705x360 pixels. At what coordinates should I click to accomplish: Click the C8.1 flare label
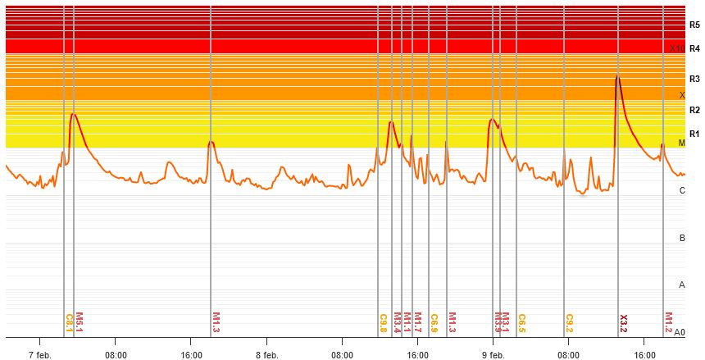tap(69, 321)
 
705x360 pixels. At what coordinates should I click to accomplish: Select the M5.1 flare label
tap(80, 321)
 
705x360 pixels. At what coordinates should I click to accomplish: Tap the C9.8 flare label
tap(383, 321)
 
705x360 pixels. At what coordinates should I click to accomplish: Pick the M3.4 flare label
tap(398, 321)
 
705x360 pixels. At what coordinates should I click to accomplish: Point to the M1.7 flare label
tap(417, 321)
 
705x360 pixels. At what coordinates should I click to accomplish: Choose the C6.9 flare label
tap(434, 321)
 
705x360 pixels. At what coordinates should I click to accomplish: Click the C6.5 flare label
tap(521, 321)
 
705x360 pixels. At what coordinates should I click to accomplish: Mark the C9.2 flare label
tap(569, 321)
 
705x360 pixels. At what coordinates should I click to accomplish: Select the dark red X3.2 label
tap(623, 321)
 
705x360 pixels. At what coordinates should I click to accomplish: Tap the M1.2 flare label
tap(668, 321)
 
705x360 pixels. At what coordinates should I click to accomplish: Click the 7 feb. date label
tap(40, 355)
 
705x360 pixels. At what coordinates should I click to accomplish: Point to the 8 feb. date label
tap(267, 355)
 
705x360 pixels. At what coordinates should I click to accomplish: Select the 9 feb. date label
tap(493, 355)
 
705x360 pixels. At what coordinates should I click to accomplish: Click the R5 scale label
tap(694, 25)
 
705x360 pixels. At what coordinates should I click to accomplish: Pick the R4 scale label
tap(694, 48)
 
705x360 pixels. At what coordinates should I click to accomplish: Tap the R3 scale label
tap(694, 80)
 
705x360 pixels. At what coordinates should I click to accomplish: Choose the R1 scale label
tap(694, 134)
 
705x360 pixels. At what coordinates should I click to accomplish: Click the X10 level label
tap(676, 49)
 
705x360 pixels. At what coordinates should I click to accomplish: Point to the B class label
tap(682, 238)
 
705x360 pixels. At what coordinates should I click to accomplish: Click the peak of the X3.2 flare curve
tap(616, 77)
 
